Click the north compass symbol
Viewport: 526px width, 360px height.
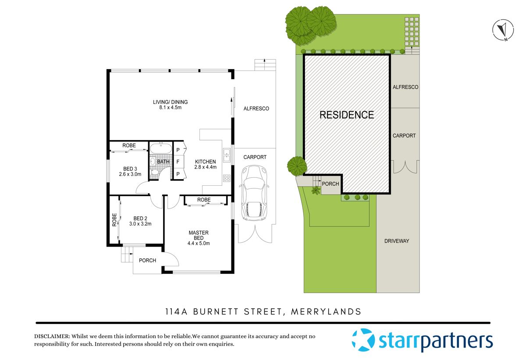(x=503, y=30)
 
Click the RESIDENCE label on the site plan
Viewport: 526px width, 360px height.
(x=346, y=115)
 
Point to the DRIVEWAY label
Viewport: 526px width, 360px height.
(x=397, y=241)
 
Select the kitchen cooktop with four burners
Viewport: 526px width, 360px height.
(x=227, y=178)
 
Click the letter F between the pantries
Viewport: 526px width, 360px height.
(x=178, y=162)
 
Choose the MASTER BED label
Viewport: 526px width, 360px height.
(x=199, y=235)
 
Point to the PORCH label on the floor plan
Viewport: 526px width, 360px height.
(x=147, y=261)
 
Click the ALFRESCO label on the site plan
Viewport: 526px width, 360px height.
(x=405, y=87)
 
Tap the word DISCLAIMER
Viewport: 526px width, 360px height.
(x=52, y=336)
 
